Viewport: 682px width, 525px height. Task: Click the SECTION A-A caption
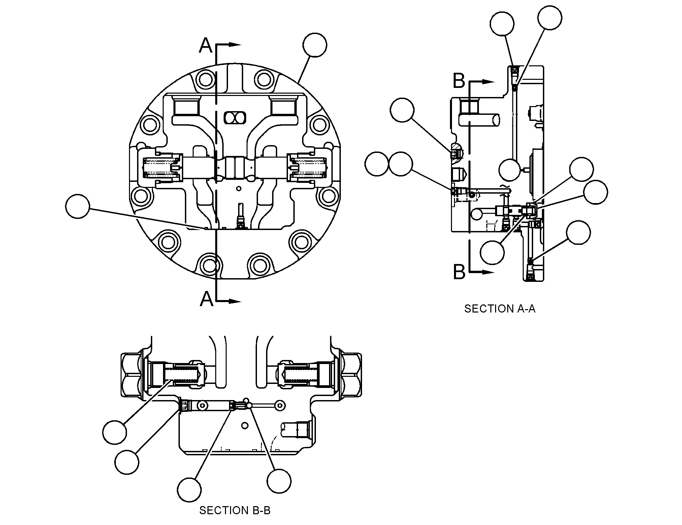(x=499, y=309)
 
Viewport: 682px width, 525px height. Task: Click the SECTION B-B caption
(x=235, y=510)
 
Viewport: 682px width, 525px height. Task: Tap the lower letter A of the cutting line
(x=206, y=299)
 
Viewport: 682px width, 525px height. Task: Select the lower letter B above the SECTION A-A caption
(x=459, y=271)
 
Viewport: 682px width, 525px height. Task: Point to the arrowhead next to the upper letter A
(x=235, y=44)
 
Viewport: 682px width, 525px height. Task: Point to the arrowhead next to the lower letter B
(x=488, y=272)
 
